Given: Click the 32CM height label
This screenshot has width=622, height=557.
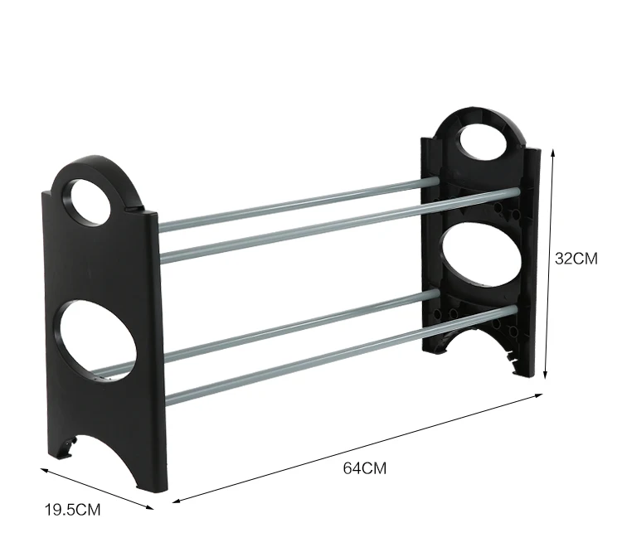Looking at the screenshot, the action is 576,259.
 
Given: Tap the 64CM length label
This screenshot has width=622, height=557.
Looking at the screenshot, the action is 365,468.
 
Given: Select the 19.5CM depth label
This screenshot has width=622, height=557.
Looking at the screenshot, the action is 73,510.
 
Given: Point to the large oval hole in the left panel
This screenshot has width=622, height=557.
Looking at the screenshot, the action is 98,341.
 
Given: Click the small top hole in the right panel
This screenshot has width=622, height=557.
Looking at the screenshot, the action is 484,142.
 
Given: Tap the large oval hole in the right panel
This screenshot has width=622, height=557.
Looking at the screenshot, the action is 480,255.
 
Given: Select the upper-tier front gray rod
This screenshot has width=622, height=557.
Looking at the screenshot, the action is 340,225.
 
